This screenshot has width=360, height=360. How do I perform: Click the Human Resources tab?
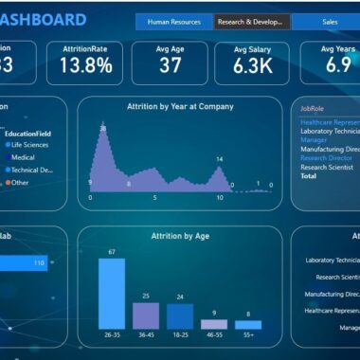pos(173,21)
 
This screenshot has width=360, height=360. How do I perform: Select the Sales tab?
pos(330,21)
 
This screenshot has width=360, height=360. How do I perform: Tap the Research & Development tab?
pos(251,21)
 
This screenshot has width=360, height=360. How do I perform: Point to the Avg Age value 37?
pos(171,65)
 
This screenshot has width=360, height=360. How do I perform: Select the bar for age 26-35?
pos(112,294)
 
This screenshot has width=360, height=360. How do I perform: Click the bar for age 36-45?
pos(146,315)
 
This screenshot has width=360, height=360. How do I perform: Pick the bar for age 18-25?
pos(180,315)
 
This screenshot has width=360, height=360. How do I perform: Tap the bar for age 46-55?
pos(214,324)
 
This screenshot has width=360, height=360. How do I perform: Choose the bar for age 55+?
pos(248,325)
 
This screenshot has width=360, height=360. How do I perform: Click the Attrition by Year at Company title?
pos(180,107)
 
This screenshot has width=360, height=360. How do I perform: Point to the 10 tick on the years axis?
pos(220,198)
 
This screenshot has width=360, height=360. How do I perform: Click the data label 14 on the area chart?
pos(220,159)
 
